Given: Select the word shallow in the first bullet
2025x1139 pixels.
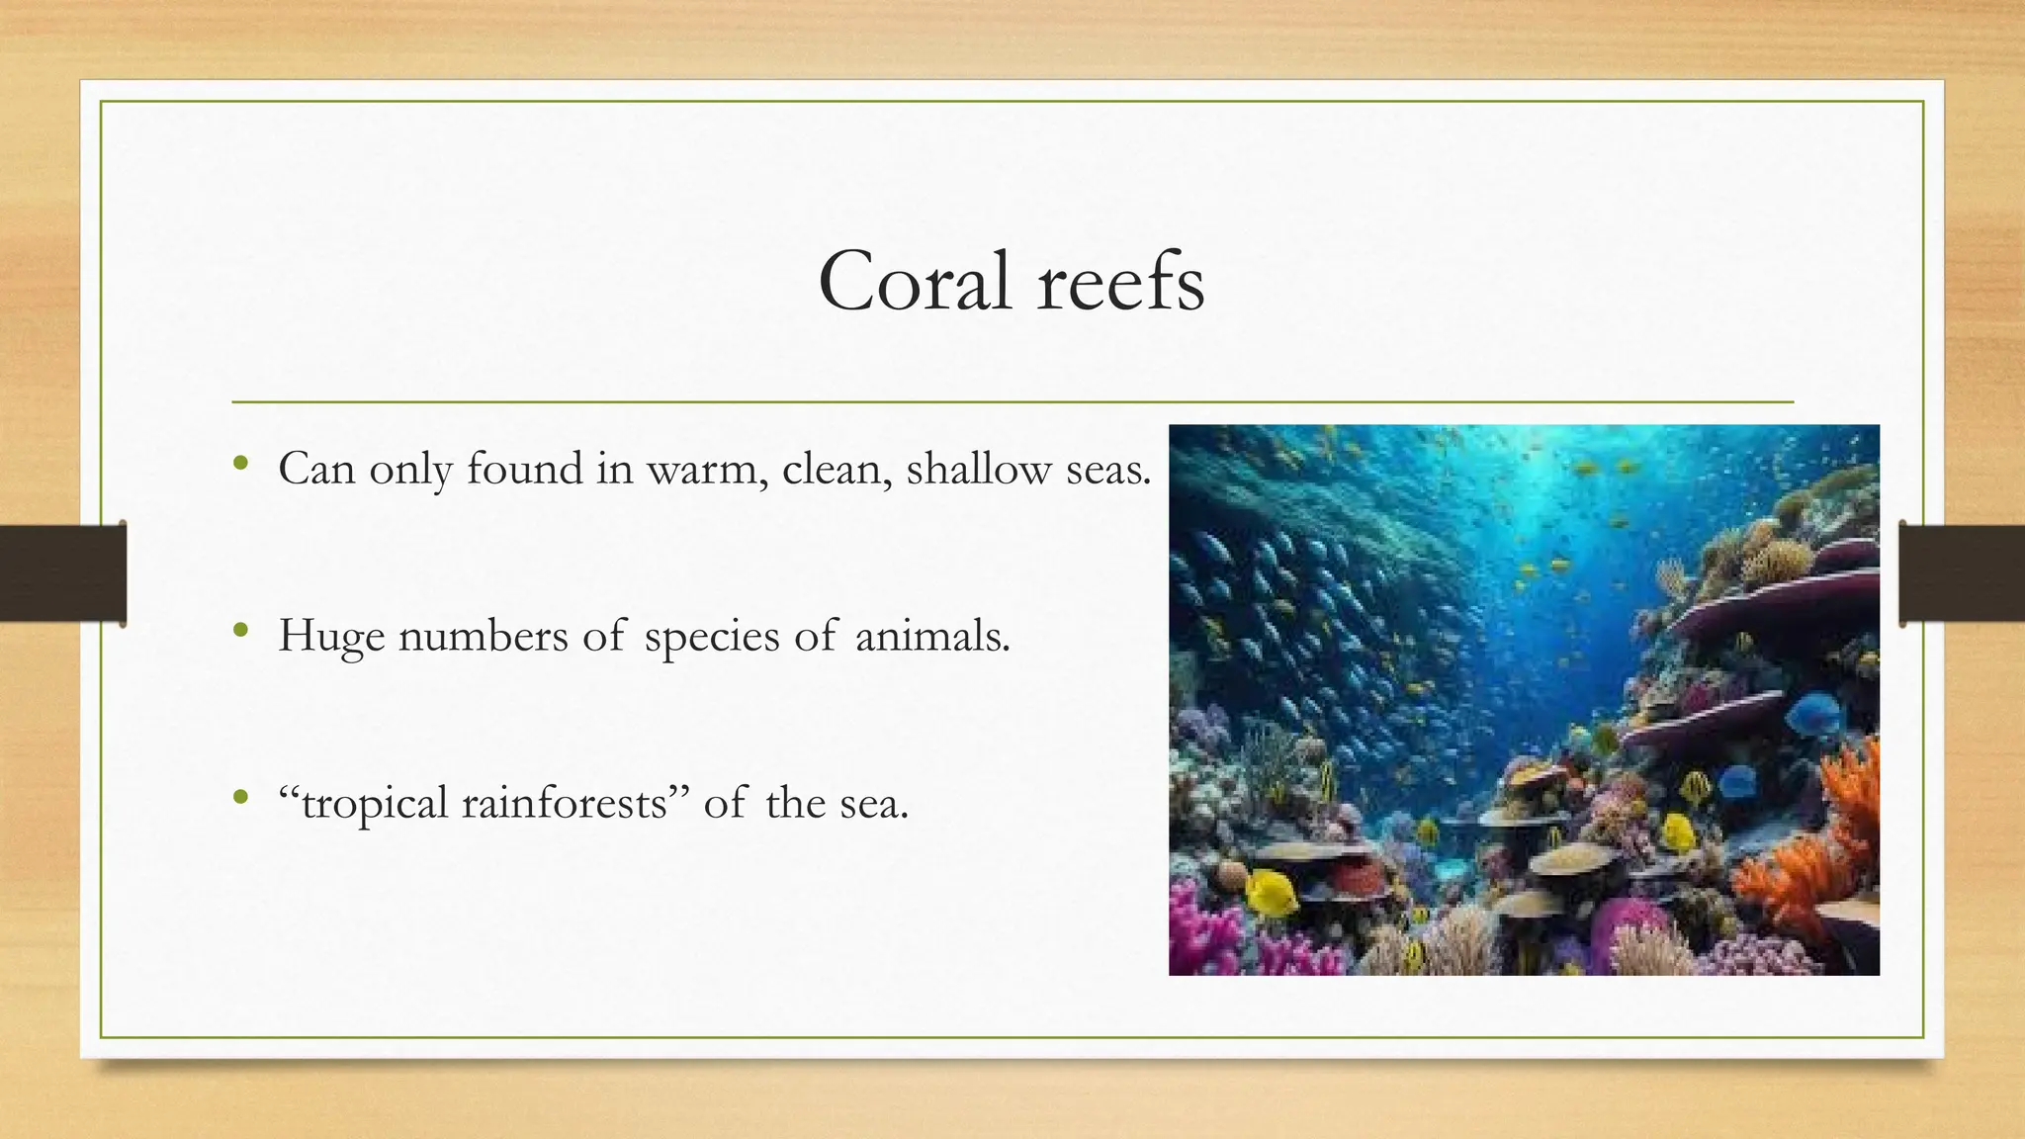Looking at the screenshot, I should (x=978, y=469).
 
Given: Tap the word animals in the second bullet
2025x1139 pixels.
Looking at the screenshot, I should (x=931, y=636).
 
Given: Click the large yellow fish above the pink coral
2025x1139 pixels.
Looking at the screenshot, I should (x=1272, y=893).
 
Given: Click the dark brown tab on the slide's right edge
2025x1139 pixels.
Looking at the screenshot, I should (x=1962, y=573).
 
